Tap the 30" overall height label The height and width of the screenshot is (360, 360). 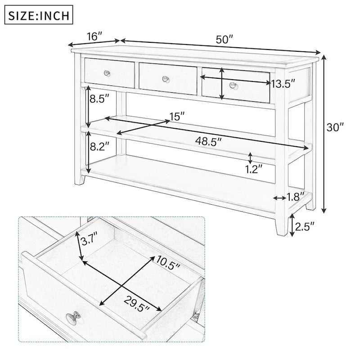coord(335,127)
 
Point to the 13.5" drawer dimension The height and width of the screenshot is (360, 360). coord(283,84)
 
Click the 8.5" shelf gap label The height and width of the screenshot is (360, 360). coord(99,99)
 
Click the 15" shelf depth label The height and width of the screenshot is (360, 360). coord(177,117)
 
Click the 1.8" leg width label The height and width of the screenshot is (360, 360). coord(296,197)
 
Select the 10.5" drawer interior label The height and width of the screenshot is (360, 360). coord(168,261)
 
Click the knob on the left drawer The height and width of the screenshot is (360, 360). coord(107,73)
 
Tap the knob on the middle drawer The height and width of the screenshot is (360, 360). coord(166,79)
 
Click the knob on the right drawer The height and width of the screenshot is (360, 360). coord(233,85)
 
